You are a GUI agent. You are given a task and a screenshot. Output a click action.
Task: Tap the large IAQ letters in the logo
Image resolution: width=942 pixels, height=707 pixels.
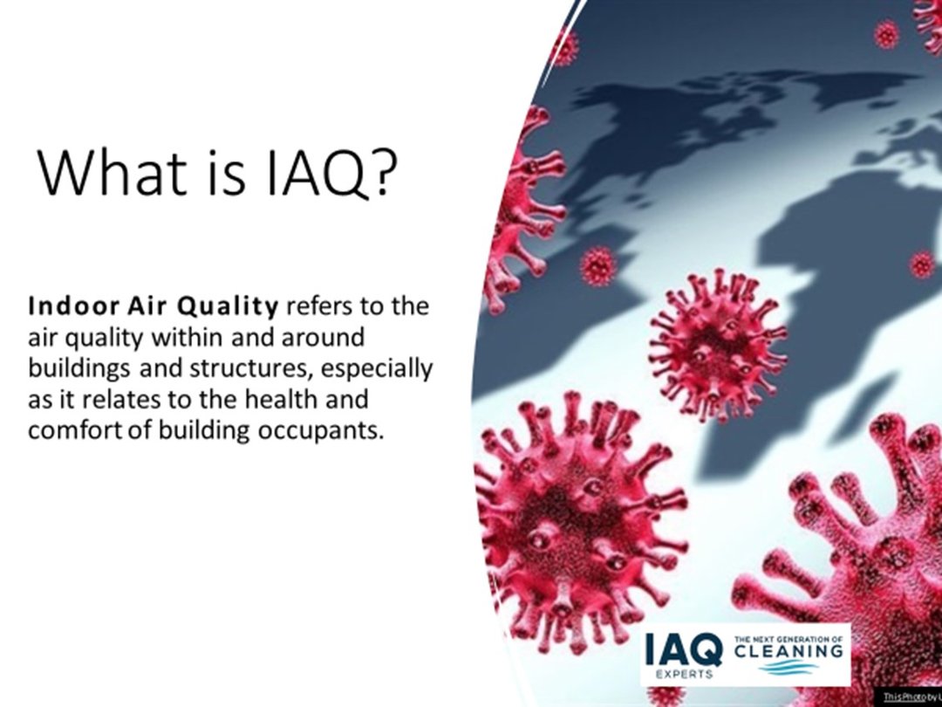(684, 649)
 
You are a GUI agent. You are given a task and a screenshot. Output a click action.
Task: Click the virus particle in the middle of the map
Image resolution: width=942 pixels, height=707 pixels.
(717, 346)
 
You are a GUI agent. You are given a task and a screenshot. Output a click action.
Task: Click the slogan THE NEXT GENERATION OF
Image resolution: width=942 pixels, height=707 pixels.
(788, 639)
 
